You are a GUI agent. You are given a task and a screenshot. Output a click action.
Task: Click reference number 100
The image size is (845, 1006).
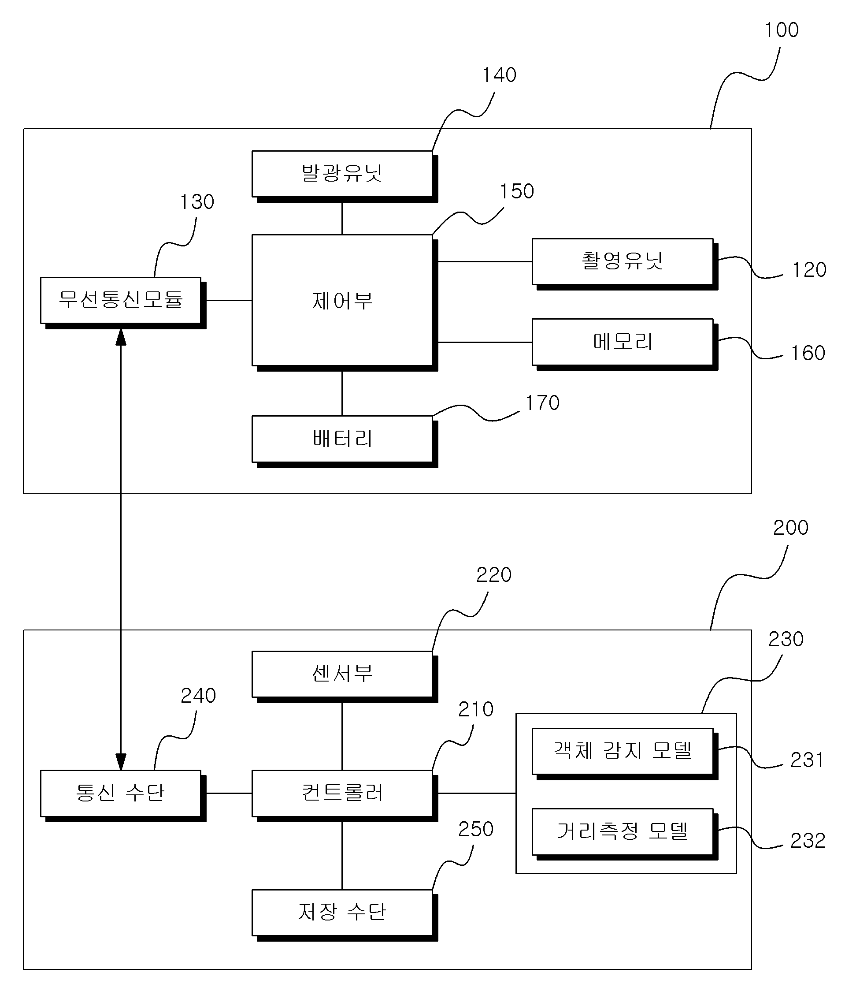click(781, 30)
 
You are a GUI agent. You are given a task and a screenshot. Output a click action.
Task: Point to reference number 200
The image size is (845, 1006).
click(790, 528)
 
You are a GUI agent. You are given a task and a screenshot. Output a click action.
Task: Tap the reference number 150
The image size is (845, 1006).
click(517, 191)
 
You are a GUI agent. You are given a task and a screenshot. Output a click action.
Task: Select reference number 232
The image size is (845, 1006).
click(808, 840)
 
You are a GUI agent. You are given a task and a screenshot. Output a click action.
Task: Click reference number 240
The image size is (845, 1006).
click(198, 696)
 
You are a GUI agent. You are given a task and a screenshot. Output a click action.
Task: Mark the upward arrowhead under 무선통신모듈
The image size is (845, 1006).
click(121, 337)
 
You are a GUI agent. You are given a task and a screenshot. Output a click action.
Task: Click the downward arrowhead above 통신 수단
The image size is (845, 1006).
click(121, 762)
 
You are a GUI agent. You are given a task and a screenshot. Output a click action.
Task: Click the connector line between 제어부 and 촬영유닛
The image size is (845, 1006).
click(485, 262)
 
